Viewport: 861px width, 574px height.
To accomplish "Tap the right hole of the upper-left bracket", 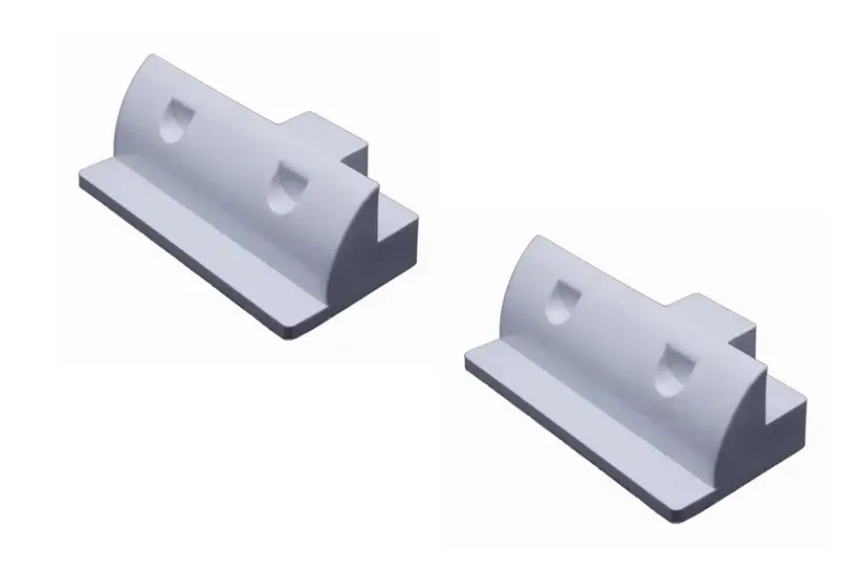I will click(283, 187).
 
